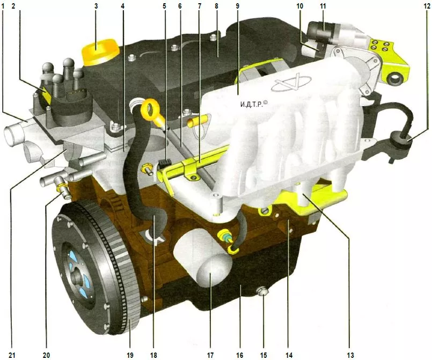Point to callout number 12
coord(427,6)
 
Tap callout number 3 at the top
coord(96,6)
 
